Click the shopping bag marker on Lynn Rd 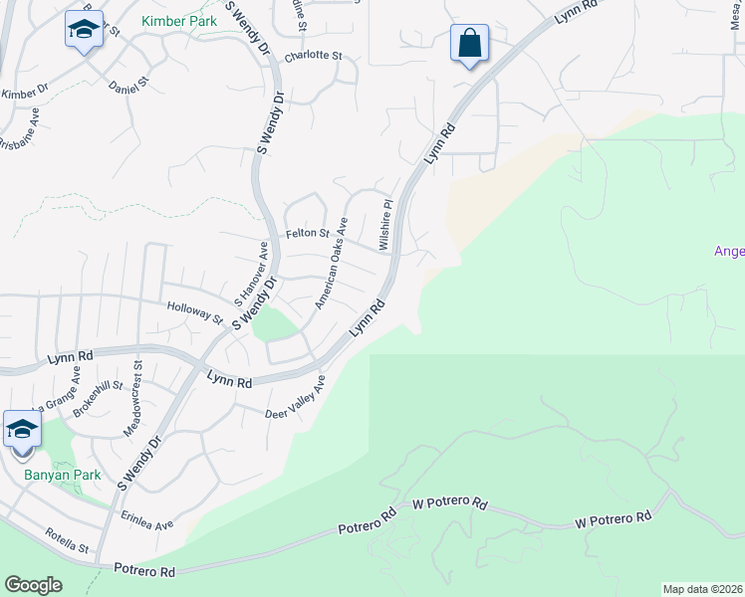pyautogui.click(x=469, y=43)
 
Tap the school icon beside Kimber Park pyautogui.click(x=84, y=30)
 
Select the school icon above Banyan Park pyautogui.click(x=22, y=430)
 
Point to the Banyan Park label pyautogui.click(x=63, y=475)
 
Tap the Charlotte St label pyautogui.click(x=313, y=57)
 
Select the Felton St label pyautogui.click(x=309, y=233)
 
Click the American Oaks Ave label pyautogui.click(x=331, y=263)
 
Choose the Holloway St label pyautogui.click(x=195, y=313)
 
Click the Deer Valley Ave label pyautogui.click(x=296, y=399)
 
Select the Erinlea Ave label pyautogui.click(x=146, y=523)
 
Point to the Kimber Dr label pyautogui.click(x=25, y=93)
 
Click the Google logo pyautogui.click(x=33, y=585)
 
